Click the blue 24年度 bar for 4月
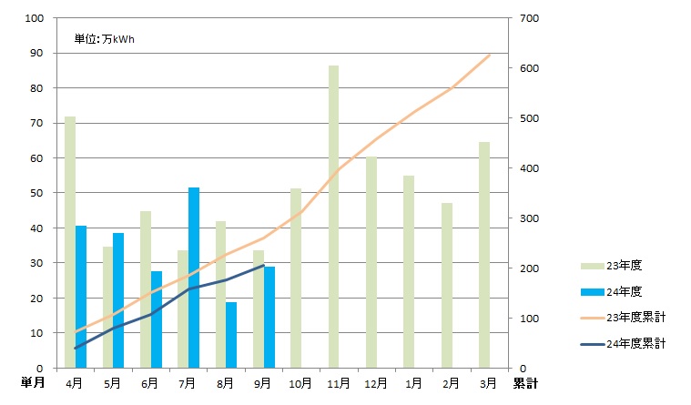[81, 297]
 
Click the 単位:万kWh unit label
[105, 39]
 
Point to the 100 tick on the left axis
[34, 18]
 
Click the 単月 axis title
[33, 384]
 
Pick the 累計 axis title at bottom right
[525, 384]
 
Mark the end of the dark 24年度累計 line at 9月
[263, 266]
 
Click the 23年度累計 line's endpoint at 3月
[490, 55]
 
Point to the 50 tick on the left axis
[36, 193]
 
